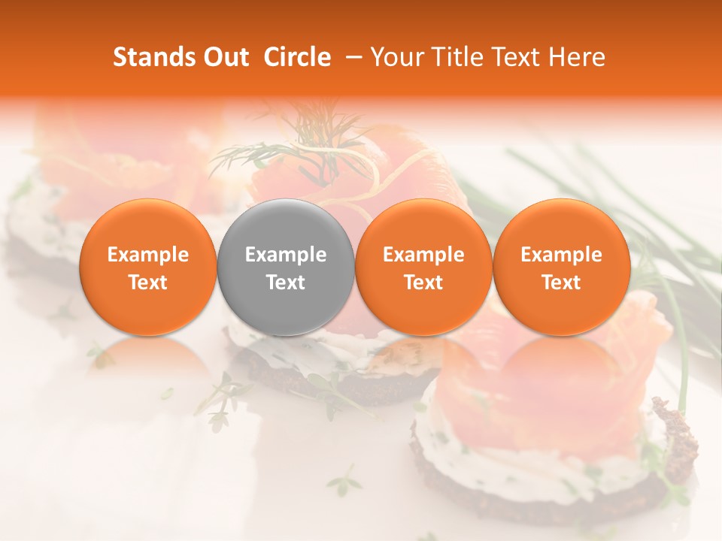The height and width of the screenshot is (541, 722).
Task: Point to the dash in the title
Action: [350, 58]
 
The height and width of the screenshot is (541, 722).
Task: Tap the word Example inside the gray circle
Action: [285, 255]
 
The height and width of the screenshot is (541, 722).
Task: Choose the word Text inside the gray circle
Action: [285, 283]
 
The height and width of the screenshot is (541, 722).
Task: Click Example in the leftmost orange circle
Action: [147, 255]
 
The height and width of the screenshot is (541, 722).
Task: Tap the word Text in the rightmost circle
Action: [561, 283]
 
